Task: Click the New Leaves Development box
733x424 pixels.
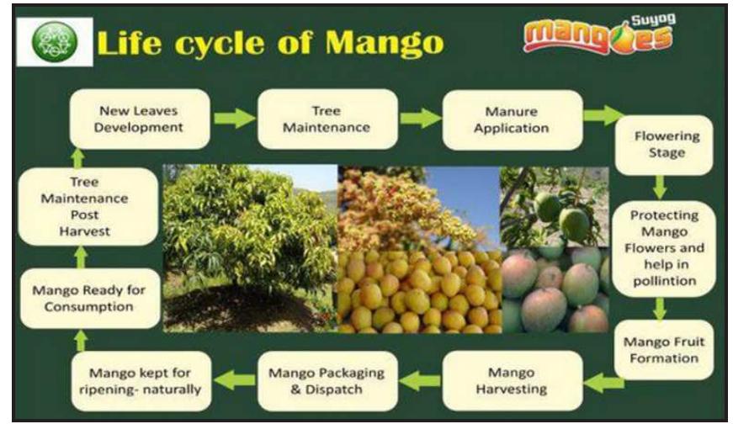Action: [138, 119]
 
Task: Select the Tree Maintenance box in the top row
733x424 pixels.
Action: [327, 119]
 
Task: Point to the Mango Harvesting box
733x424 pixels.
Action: [512, 380]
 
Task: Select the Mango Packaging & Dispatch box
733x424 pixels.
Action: [327, 380]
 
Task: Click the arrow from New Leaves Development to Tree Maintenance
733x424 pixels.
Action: [233, 119]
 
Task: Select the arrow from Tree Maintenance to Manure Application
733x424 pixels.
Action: [420, 119]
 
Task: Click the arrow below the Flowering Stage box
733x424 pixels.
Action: [659, 186]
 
